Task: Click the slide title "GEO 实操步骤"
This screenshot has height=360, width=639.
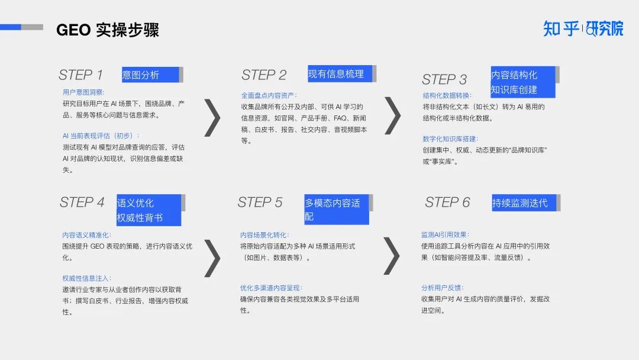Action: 107,30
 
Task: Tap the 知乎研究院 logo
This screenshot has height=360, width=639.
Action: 583,28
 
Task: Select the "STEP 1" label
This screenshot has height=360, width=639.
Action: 80,75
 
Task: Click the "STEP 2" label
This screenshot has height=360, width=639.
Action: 264,75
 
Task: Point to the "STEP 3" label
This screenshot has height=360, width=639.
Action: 444,79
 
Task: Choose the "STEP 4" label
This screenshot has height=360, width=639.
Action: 82,202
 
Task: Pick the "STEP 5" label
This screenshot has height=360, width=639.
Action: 260,202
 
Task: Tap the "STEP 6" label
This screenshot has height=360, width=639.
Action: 447,202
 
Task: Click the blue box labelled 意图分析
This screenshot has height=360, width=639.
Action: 150,75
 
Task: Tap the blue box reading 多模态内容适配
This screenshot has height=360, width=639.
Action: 336,210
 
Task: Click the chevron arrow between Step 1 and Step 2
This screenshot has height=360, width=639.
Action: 212,117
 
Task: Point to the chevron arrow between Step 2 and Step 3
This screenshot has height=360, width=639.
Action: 392,115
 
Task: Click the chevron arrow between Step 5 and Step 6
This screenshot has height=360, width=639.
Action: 392,256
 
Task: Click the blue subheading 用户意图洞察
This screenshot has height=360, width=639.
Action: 83,92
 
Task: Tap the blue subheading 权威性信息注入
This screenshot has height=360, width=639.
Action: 87,278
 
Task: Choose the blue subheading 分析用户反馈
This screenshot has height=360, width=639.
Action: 443,288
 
